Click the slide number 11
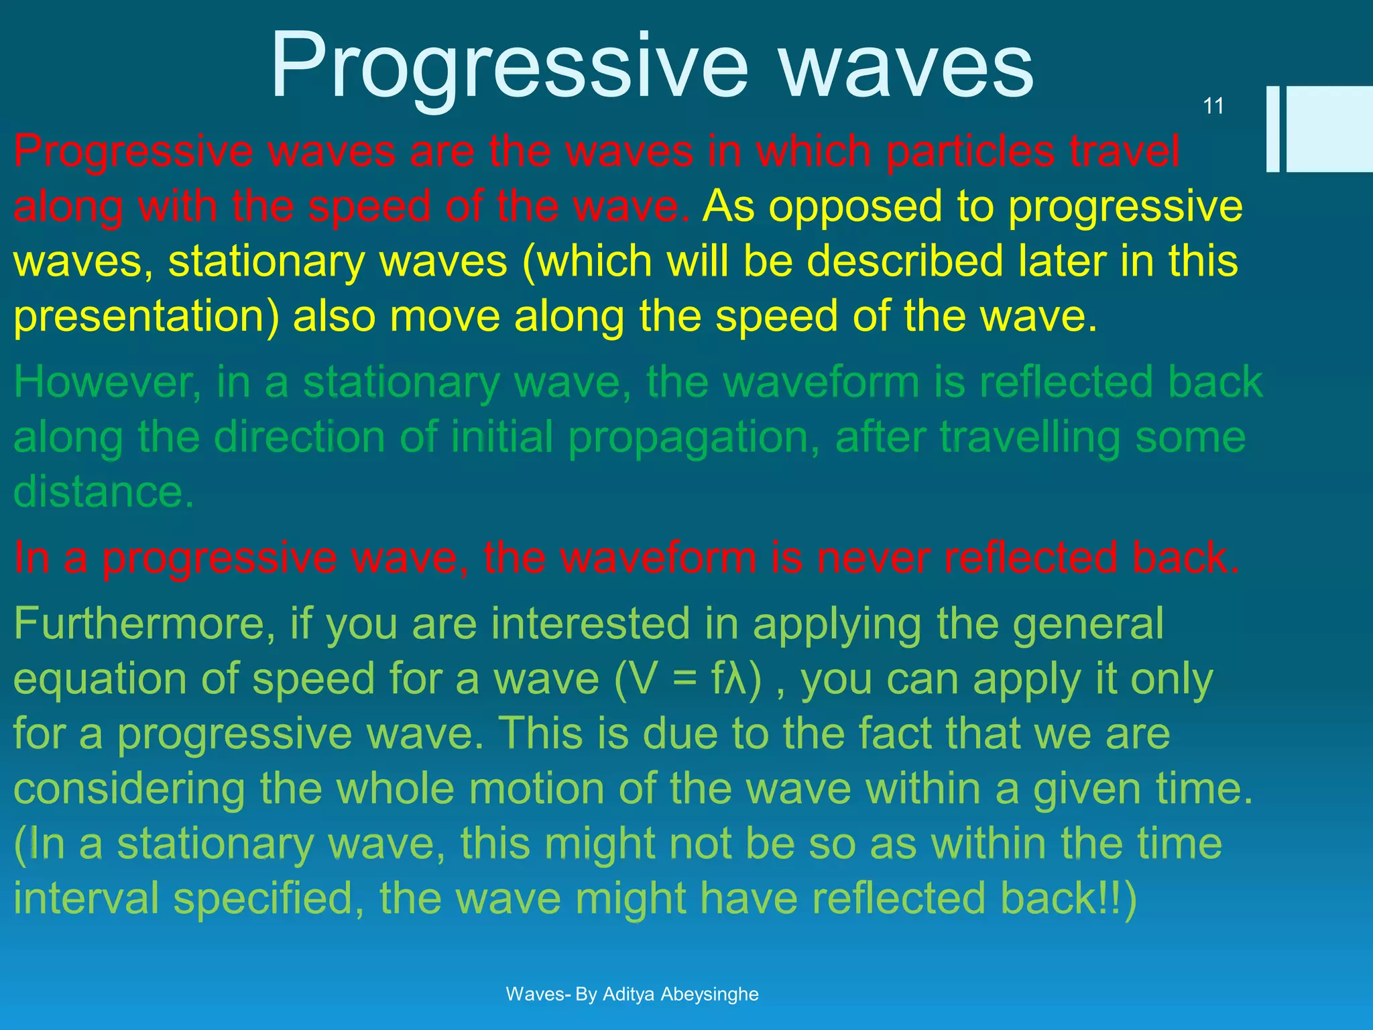click(x=1213, y=106)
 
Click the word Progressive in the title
click(x=508, y=67)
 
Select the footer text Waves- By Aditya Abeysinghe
click(x=632, y=994)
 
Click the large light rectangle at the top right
click(x=1329, y=129)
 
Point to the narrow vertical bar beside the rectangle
click(x=1272, y=129)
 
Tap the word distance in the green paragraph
click(x=104, y=492)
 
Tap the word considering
click(x=129, y=789)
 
